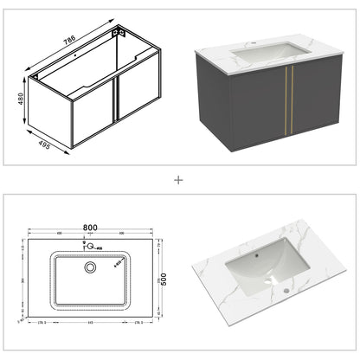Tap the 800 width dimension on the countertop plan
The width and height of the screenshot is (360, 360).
click(90, 228)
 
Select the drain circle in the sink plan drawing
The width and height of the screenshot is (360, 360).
click(90, 268)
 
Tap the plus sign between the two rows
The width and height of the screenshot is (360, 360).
click(180, 181)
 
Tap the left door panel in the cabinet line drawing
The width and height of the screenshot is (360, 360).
click(93, 112)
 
